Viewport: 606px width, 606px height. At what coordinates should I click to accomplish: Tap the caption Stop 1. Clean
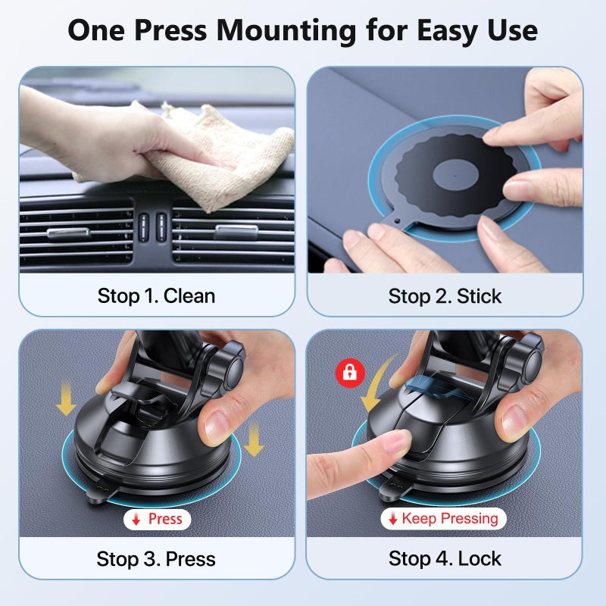click(x=156, y=295)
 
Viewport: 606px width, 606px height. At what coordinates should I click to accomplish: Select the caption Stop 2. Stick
click(x=445, y=295)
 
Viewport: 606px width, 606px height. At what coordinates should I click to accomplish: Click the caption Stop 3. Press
click(x=156, y=559)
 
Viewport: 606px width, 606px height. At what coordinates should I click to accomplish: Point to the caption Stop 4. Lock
click(x=445, y=559)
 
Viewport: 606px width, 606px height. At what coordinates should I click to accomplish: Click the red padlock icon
click(x=350, y=373)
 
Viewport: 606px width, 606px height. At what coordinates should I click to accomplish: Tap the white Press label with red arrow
click(x=157, y=519)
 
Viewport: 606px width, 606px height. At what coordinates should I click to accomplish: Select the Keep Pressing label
click(x=443, y=519)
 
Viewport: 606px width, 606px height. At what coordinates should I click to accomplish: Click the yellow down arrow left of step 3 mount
click(x=67, y=399)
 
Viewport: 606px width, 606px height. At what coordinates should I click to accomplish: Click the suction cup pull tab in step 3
click(x=94, y=495)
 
